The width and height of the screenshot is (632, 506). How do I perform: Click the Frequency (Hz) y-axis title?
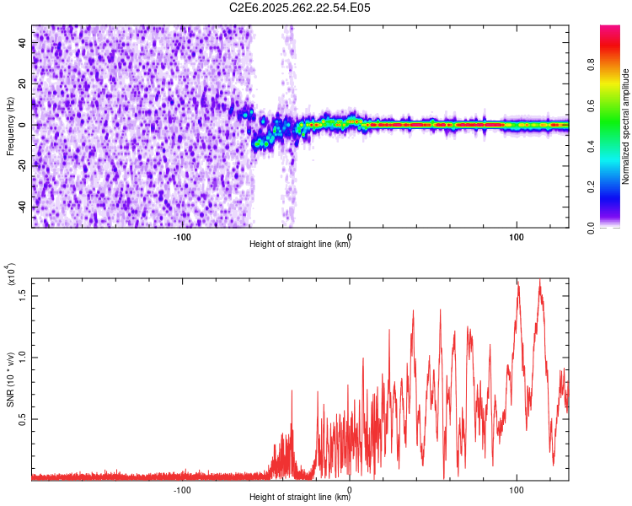click(x=10, y=126)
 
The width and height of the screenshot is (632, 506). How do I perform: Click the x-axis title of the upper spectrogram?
click(x=300, y=245)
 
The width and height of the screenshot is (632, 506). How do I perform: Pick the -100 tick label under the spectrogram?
click(x=183, y=236)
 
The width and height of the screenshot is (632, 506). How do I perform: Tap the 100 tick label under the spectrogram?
click(x=516, y=236)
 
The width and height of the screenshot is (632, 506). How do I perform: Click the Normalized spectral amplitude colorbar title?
click(x=625, y=126)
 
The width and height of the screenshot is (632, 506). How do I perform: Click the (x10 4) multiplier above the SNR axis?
click(x=11, y=275)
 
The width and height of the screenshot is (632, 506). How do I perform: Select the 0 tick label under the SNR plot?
click(x=350, y=489)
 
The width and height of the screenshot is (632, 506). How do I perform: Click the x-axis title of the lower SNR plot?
click(x=300, y=498)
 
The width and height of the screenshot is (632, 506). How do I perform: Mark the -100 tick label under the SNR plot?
click(x=183, y=489)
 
